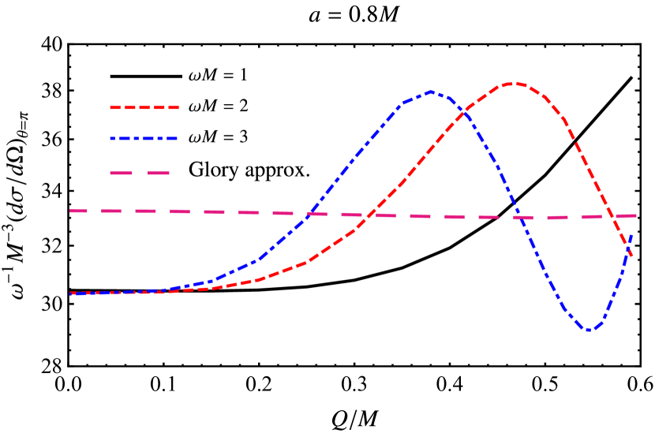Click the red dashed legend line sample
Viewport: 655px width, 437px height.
(144, 107)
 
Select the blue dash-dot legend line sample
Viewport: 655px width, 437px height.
(144, 139)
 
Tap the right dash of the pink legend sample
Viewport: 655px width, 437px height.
(158, 173)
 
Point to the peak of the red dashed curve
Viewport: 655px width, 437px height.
(513, 83)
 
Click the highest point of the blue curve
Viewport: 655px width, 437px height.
(431, 92)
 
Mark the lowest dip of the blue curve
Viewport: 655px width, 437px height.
(589, 331)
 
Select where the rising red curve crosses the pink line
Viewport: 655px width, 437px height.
(371, 215)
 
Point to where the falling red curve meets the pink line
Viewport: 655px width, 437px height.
(614, 216)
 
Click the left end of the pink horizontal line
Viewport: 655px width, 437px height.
(71, 211)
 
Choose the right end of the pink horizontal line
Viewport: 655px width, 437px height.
(635, 215)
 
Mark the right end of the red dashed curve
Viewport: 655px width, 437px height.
(631, 255)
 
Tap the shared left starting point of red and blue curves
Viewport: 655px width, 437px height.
(71, 293)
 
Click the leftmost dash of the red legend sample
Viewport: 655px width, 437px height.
(115, 107)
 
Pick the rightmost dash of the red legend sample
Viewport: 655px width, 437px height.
(172, 107)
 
